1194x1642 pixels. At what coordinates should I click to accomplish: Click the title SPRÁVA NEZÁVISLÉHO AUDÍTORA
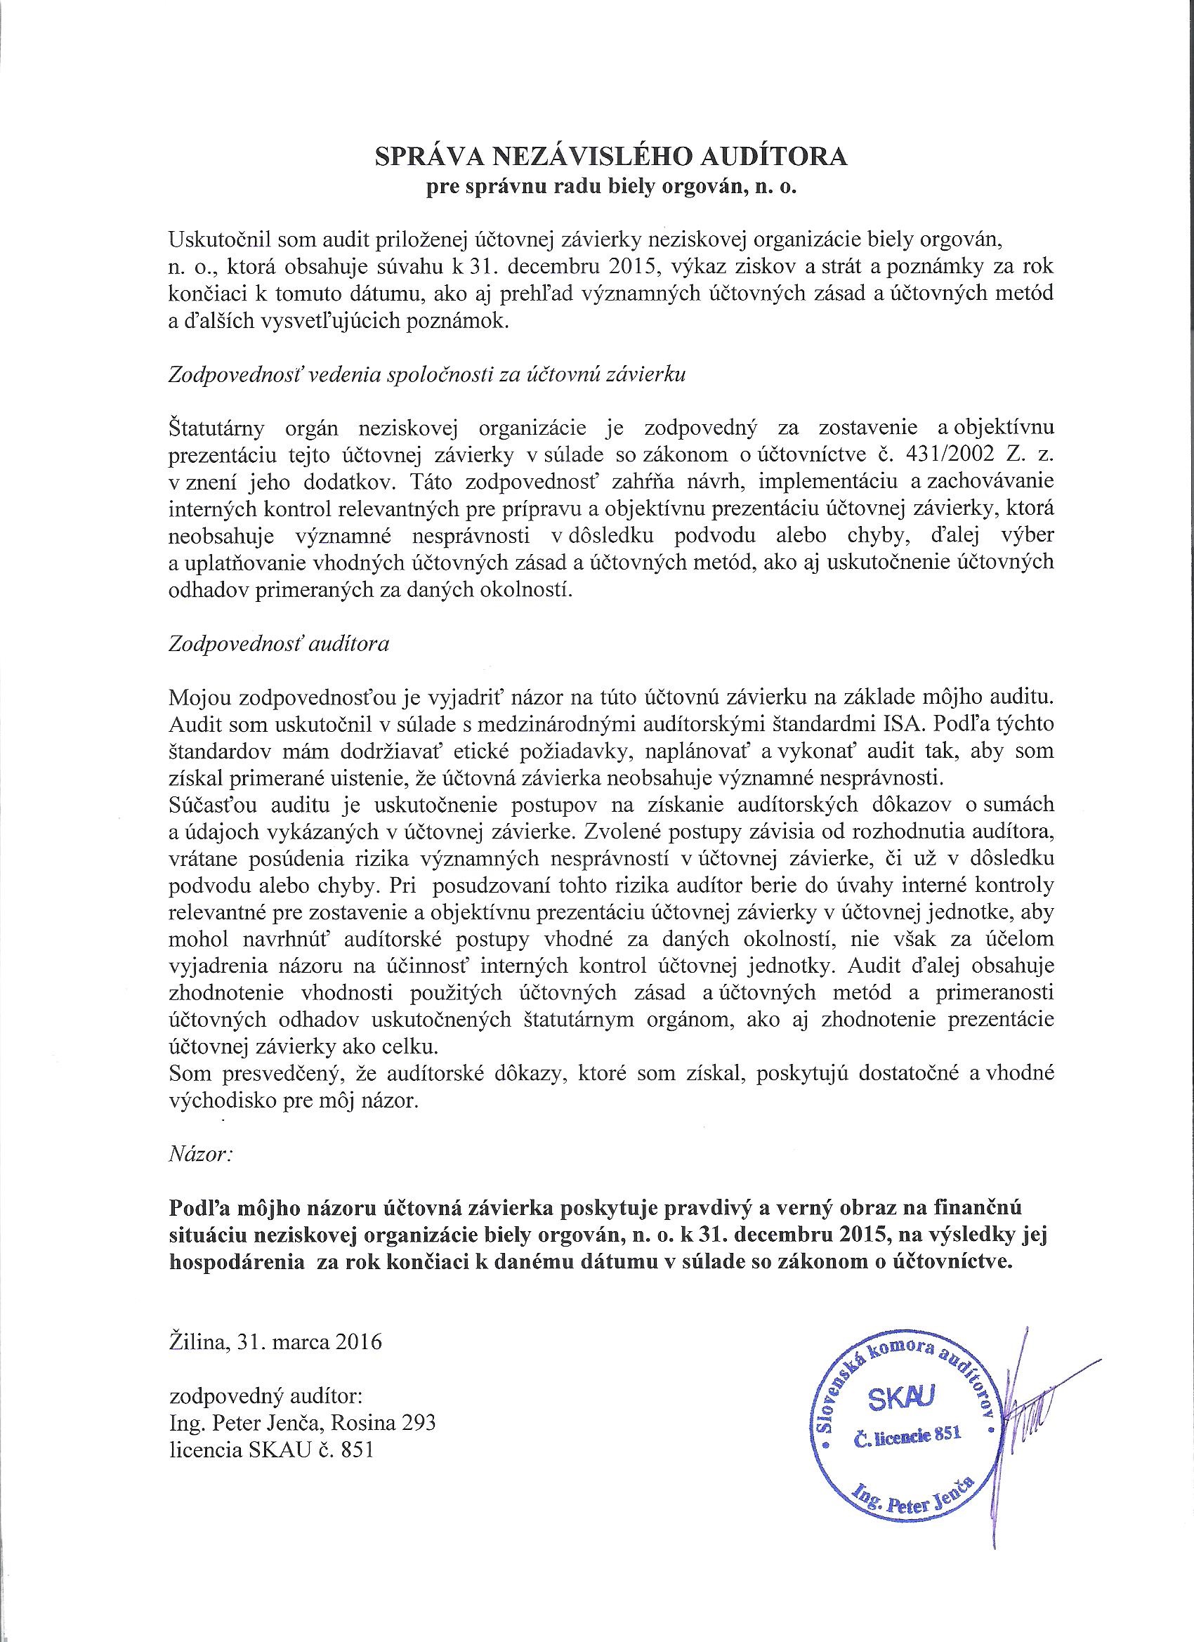coord(610,157)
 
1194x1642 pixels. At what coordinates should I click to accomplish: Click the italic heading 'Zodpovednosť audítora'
coord(279,644)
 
